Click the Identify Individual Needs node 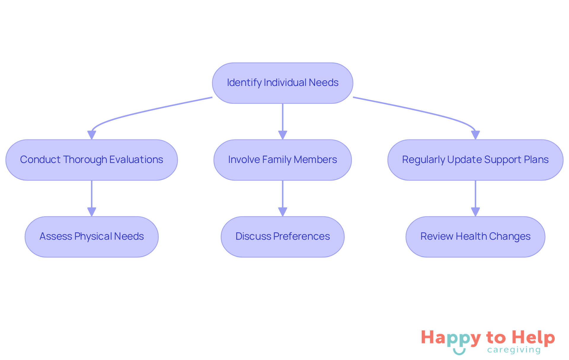282,83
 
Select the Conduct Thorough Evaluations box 92,160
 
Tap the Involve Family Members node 282,160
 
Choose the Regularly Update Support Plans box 475,160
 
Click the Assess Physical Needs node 92,237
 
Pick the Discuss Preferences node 282,237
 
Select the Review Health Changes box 475,237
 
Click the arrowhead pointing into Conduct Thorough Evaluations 92,135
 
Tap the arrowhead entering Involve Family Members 282,135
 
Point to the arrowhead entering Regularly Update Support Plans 475,135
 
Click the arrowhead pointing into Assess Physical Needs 92,212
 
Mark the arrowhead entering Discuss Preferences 282,212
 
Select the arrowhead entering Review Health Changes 475,212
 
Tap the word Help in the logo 533,338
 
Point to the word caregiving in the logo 514,350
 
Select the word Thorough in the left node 85,160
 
